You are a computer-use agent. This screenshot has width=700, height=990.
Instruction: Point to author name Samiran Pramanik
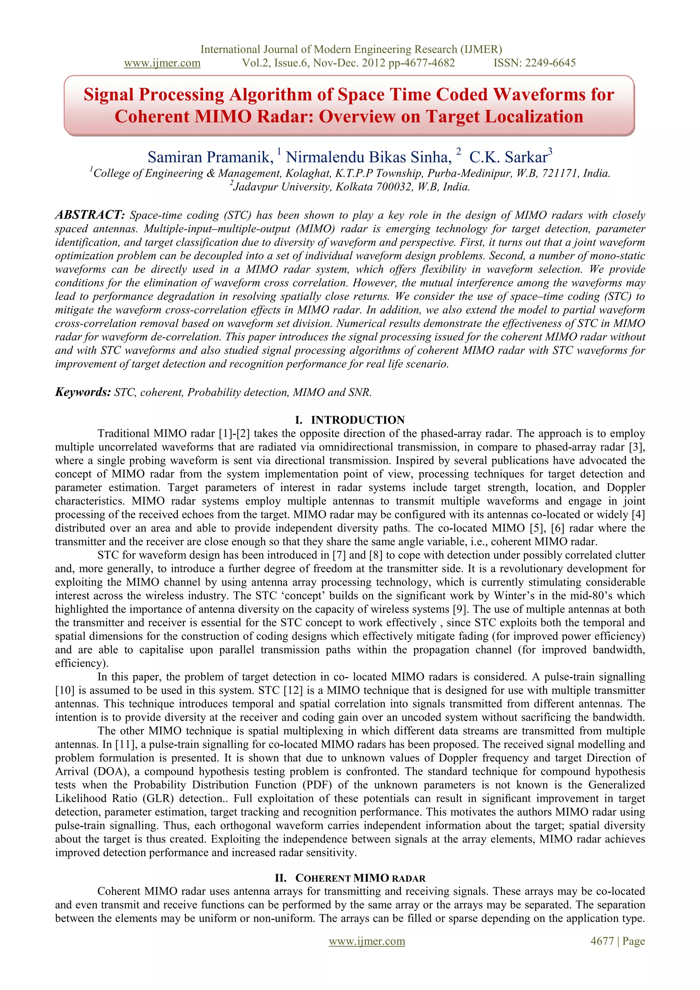[x=211, y=157]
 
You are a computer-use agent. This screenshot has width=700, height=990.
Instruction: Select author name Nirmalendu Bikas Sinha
[x=369, y=157]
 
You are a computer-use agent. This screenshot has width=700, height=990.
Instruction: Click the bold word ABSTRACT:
[x=90, y=215]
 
